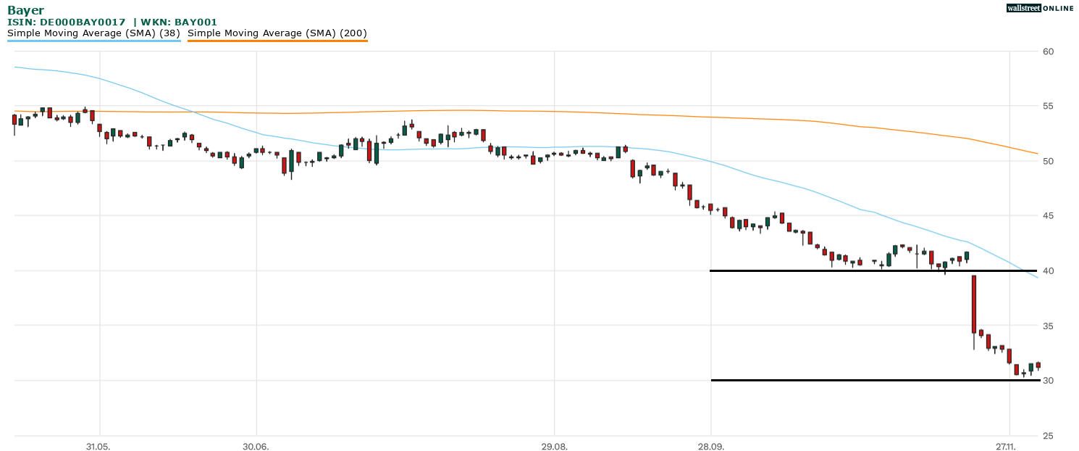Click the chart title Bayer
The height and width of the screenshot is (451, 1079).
point(25,10)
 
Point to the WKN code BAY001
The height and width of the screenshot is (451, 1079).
point(194,22)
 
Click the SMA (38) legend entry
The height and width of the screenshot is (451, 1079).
point(93,33)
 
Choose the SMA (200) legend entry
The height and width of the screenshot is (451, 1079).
point(277,33)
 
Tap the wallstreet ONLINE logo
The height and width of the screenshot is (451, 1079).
point(1040,8)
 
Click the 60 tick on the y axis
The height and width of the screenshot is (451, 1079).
point(1048,51)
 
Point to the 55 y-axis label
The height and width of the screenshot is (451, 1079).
point(1048,107)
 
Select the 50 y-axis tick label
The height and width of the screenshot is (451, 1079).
point(1048,161)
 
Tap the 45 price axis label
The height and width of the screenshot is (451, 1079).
point(1048,216)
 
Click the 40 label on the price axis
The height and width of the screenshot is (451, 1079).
point(1048,271)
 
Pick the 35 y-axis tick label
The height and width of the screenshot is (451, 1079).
point(1048,326)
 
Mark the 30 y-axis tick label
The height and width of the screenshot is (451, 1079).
point(1048,381)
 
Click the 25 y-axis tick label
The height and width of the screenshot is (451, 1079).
point(1048,436)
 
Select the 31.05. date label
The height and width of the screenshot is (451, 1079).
point(98,447)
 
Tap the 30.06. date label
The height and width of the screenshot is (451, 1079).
point(256,447)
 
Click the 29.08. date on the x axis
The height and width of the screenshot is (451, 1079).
point(554,447)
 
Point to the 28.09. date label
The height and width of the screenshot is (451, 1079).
point(711,447)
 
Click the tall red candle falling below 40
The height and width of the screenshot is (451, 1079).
point(974,305)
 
